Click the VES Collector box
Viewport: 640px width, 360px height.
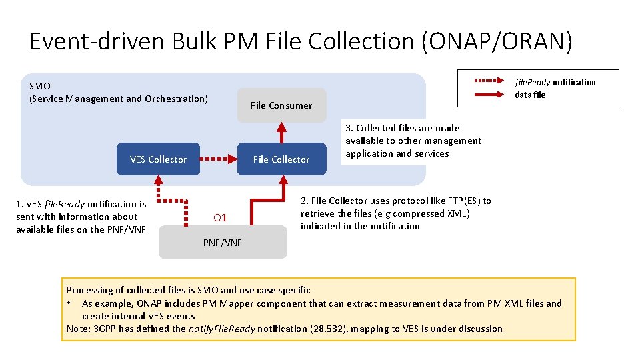coord(158,159)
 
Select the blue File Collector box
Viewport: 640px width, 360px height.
coord(281,159)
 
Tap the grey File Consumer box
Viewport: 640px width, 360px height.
coord(281,105)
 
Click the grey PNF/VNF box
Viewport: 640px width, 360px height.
coord(223,242)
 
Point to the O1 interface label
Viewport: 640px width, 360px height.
coord(220,218)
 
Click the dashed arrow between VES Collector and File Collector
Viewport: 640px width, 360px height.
coord(218,159)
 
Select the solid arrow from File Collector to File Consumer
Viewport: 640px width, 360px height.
coord(281,133)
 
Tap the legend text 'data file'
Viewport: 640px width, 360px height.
coord(530,95)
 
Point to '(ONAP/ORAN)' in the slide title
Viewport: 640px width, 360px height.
coord(497,41)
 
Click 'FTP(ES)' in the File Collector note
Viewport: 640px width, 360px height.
coord(464,201)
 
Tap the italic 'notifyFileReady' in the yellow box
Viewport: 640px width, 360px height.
coord(221,329)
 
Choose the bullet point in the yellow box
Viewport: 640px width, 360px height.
coord(69,303)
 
